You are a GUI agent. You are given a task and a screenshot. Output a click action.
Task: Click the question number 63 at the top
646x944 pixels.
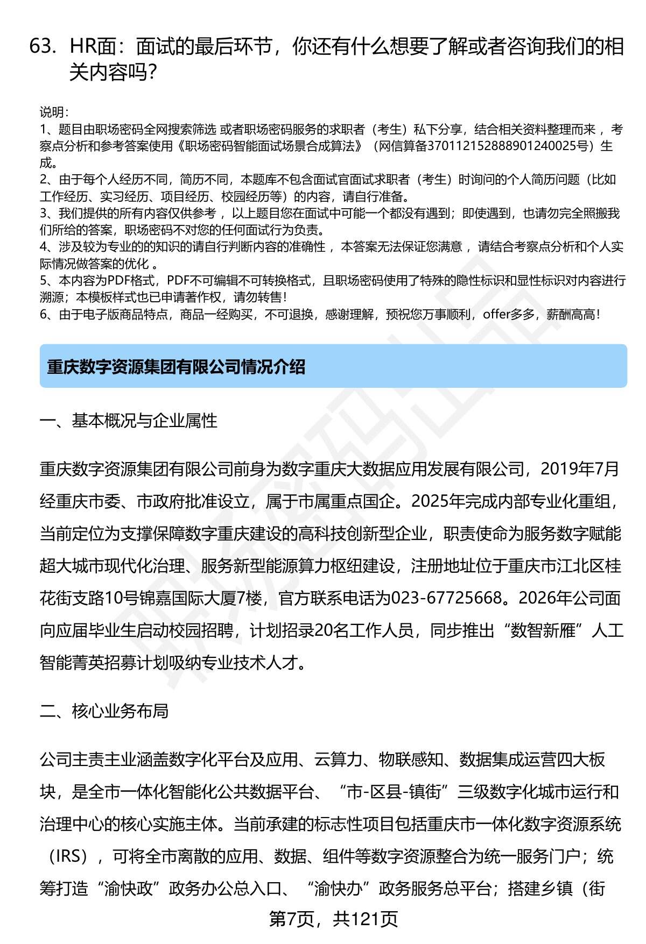click(x=43, y=47)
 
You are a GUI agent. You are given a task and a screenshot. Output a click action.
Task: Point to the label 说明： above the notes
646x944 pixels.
click(x=54, y=112)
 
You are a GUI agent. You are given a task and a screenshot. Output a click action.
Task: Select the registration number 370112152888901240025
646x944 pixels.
click(x=507, y=146)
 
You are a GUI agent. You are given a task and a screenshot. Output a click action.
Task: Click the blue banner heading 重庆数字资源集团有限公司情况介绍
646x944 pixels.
click(x=176, y=367)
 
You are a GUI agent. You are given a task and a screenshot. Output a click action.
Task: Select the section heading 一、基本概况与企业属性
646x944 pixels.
click(x=129, y=421)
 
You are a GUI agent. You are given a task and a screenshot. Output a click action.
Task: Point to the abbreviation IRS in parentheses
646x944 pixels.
click(x=68, y=856)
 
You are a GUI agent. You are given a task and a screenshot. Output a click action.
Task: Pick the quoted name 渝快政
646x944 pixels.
click(x=129, y=889)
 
